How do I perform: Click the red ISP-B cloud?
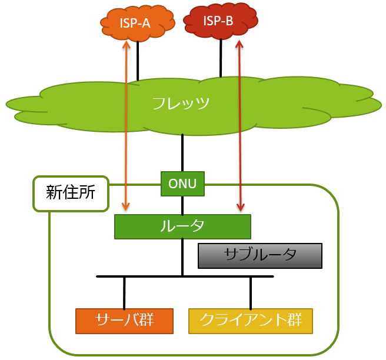pyautogui.click(x=219, y=21)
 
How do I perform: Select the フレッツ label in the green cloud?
pyautogui.click(x=181, y=104)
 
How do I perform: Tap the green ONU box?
pyautogui.click(x=182, y=184)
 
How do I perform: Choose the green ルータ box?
pyautogui.click(x=182, y=226)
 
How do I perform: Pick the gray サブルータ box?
pyautogui.click(x=260, y=255)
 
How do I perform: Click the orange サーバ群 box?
pyautogui.click(x=124, y=321)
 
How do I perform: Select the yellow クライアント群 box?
pyautogui.click(x=251, y=321)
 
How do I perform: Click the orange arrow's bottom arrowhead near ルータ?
pyautogui.click(x=125, y=206)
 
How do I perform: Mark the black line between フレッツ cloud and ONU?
pyautogui.click(x=182, y=153)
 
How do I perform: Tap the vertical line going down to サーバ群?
pyautogui.click(x=124, y=292)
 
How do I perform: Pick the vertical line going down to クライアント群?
pyautogui.click(x=251, y=292)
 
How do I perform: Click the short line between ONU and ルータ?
pyautogui.click(x=182, y=205)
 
